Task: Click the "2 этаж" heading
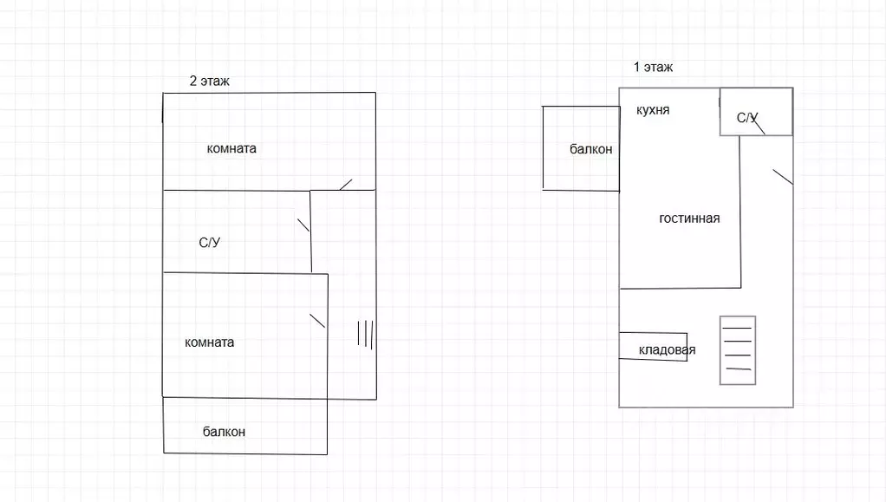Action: click(209, 81)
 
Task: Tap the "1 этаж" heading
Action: click(653, 67)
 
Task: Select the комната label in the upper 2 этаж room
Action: click(231, 148)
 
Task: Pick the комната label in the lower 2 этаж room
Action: click(209, 342)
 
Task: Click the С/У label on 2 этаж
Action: click(209, 244)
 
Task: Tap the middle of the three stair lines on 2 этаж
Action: click(365, 334)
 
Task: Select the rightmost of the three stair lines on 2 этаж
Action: click(372, 334)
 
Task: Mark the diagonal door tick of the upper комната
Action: click(345, 184)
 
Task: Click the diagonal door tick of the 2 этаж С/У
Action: click(303, 225)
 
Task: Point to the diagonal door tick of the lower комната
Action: click(316, 319)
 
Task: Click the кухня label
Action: click(652, 110)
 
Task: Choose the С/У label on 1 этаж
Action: click(747, 117)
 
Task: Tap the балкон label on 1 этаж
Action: click(590, 149)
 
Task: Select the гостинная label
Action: click(689, 218)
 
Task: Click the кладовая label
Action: click(667, 350)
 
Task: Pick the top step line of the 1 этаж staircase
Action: click(738, 327)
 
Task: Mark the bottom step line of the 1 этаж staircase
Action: click(738, 370)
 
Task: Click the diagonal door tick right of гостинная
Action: click(782, 176)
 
